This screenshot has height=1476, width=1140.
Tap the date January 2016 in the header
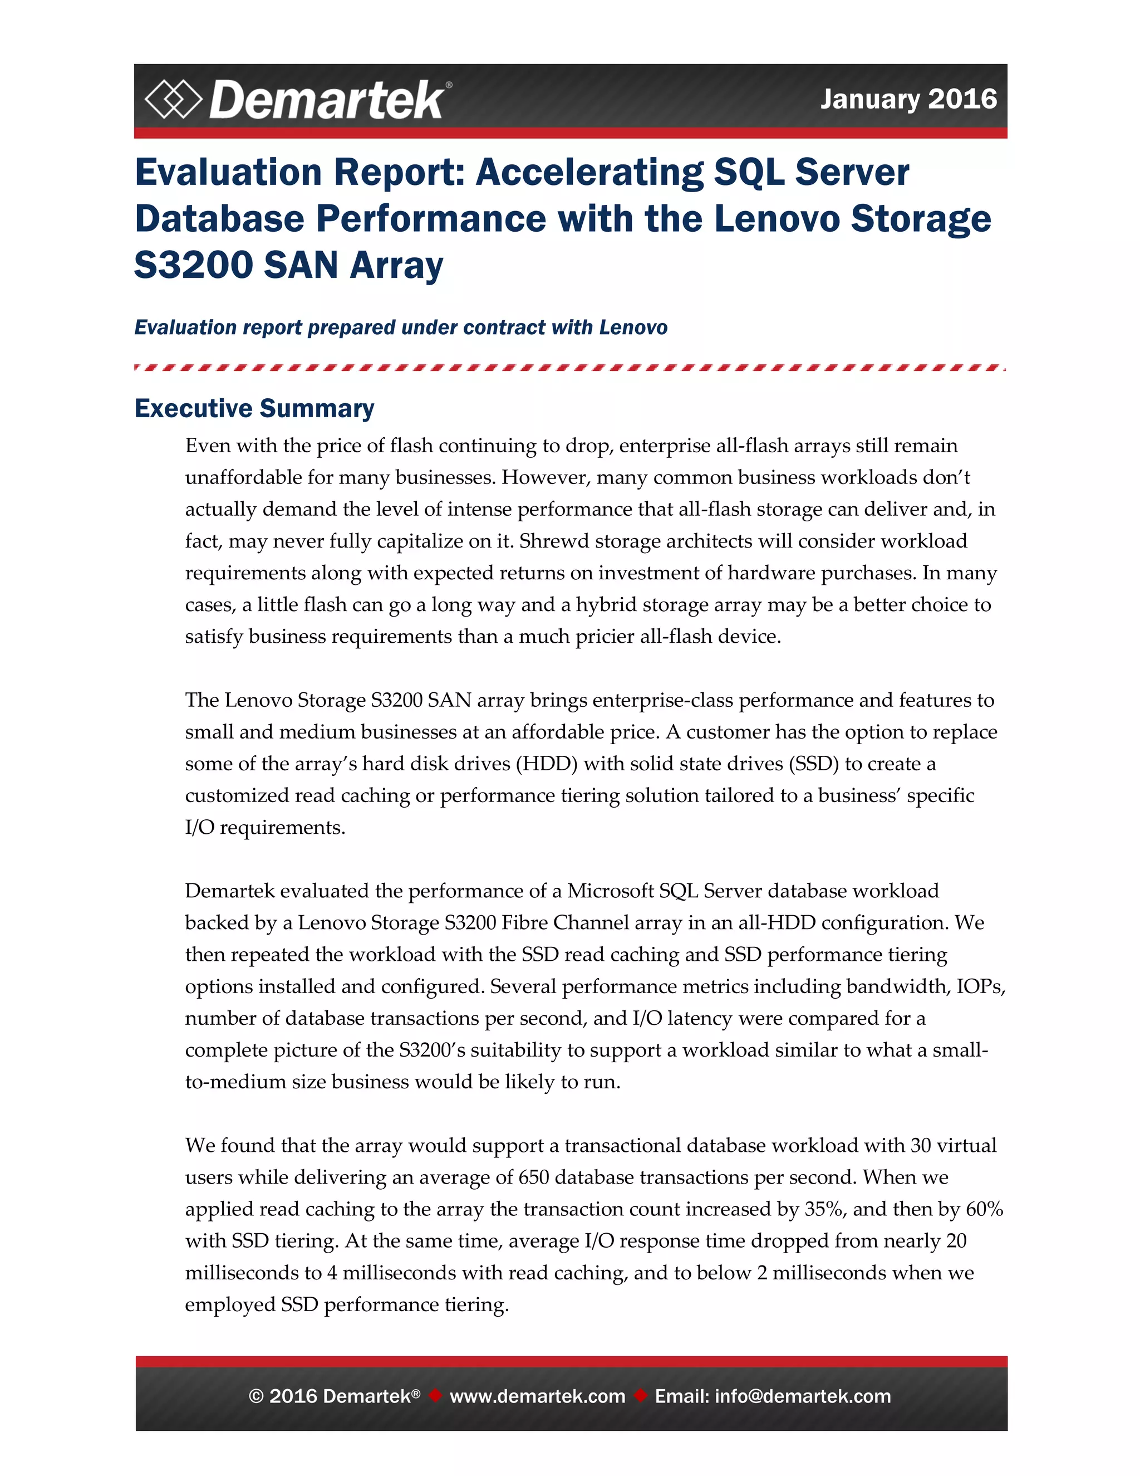click(908, 99)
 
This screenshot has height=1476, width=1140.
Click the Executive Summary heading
click(254, 409)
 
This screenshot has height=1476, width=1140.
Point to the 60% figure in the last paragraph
click(985, 1209)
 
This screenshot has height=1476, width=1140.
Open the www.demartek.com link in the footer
click(538, 1396)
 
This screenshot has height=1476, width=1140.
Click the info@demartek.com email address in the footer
click(802, 1396)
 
